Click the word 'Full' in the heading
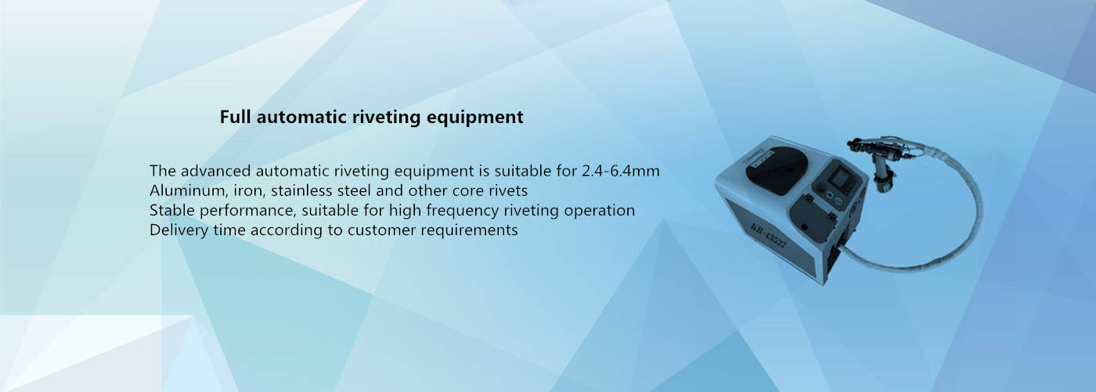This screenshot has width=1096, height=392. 235,117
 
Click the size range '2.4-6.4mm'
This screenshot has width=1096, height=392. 620,171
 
